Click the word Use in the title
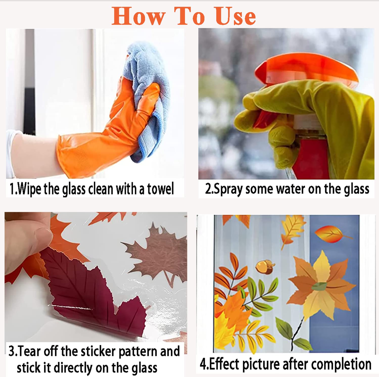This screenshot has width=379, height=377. point(235,16)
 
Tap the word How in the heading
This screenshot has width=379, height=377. point(138,16)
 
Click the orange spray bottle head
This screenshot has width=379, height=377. point(307,68)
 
